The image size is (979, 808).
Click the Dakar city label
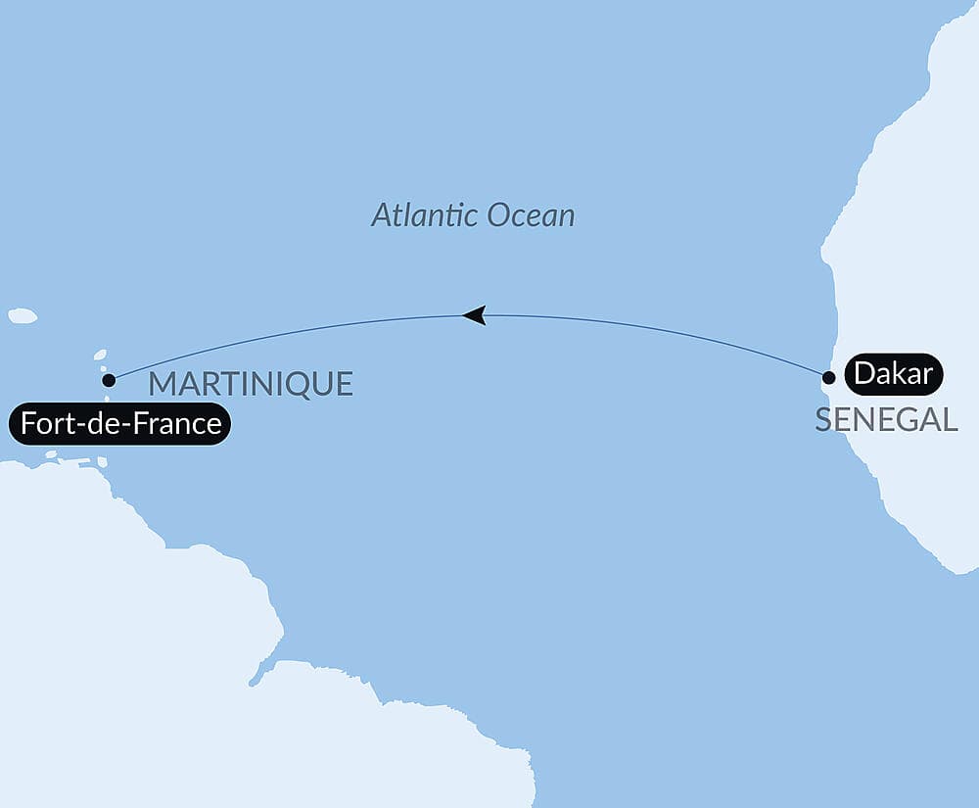coord(893,374)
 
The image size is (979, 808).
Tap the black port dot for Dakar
coord(828,377)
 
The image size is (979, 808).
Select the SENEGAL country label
coord(886,420)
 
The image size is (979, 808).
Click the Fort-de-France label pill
coord(120,425)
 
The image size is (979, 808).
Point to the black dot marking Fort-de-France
coord(109,379)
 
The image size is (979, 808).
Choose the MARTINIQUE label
coord(251,384)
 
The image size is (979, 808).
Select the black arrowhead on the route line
coord(474,314)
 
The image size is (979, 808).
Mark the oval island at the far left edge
coord(23,316)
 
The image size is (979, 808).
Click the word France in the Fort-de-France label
coord(180,425)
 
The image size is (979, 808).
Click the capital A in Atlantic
coord(380,215)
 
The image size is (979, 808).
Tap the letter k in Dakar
coord(902,374)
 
